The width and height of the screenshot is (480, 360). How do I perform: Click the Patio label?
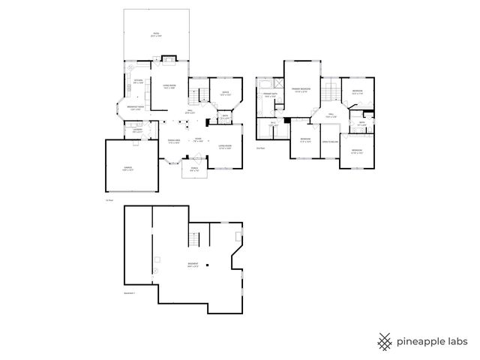157,34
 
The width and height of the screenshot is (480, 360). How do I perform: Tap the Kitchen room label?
138,81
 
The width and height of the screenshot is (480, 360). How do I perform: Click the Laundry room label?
137,131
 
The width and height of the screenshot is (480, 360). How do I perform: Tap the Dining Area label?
173,140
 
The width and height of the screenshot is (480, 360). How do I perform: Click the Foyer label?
198,139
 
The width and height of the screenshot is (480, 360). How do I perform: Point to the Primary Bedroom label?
302,91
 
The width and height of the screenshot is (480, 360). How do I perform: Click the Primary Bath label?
269,95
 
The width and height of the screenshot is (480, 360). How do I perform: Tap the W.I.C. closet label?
274,123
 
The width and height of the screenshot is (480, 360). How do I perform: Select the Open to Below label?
329,141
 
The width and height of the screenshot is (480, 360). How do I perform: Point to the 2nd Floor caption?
260,148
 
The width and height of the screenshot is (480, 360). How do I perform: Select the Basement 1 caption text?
130,293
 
